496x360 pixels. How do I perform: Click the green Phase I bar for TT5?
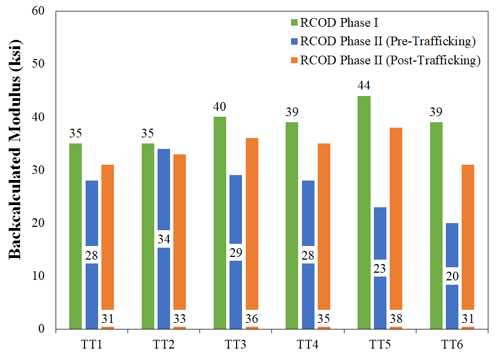tap(364, 213)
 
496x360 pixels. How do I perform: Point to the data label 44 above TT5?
tap(364, 86)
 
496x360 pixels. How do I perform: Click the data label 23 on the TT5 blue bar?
tap(379, 268)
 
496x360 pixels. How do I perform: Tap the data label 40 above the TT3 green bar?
tap(220, 107)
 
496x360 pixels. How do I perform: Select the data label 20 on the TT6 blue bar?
tap(452, 276)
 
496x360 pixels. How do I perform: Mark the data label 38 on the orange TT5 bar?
tap(396, 319)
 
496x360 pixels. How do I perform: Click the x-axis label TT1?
tap(92, 345)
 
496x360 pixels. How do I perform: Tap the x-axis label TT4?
tap(307, 345)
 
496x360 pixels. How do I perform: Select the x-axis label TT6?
tap(452, 345)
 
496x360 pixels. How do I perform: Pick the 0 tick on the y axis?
tap(48, 329)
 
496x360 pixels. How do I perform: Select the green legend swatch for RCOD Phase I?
tap(294, 23)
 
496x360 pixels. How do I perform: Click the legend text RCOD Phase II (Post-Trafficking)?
tap(390, 60)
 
